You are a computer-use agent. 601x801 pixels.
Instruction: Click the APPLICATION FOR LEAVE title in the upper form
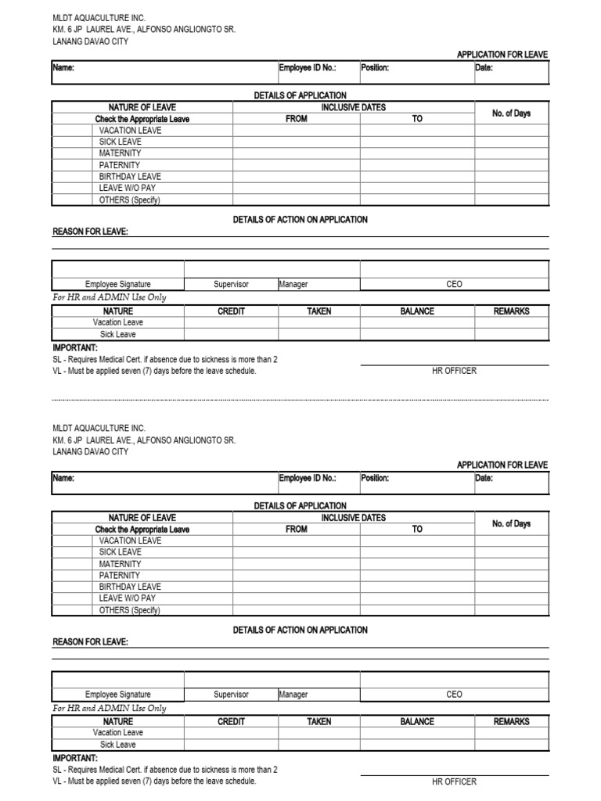tap(502, 54)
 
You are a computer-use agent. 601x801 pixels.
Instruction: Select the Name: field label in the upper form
tap(63, 68)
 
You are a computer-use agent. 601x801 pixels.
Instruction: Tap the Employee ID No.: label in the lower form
tap(308, 478)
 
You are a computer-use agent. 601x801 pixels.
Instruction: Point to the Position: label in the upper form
tap(375, 68)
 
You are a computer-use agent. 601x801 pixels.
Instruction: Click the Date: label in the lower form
tap(484, 478)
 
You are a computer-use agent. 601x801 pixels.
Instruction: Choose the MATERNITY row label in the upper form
tap(120, 153)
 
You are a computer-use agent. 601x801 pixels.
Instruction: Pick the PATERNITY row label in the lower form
tap(120, 575)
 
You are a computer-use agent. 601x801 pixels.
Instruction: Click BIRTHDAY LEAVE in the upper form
tap(130, 177)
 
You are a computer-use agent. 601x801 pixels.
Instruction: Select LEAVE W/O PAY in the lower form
tap(128, 598)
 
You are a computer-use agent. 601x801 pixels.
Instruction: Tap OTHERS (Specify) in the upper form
tap(129, 200)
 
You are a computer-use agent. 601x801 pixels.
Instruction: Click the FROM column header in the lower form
tap(297, 529)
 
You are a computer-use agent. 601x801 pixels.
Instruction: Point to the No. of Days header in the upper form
tap(511, 113)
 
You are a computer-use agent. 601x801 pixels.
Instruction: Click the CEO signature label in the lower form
tap(454, 695)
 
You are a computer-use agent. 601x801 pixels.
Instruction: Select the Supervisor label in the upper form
tap(231, 285)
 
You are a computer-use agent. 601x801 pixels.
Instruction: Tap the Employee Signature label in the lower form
tap(118, 695)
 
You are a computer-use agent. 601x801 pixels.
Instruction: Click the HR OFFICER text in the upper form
tap(454, 371)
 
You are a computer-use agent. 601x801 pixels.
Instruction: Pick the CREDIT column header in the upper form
tap(231, 311)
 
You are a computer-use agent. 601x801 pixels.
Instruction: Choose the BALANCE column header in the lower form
tap(417, 721)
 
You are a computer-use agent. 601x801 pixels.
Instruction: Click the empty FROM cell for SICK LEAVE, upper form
tap(297, 142)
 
